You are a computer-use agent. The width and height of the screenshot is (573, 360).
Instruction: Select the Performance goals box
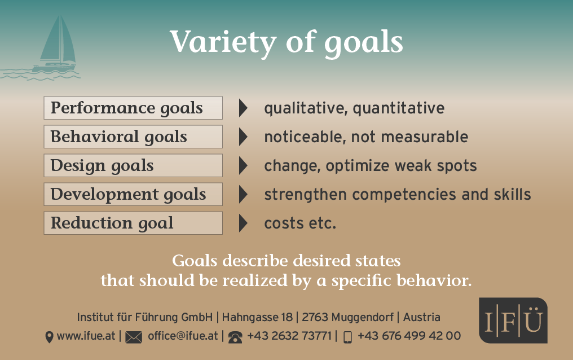pos(133,108)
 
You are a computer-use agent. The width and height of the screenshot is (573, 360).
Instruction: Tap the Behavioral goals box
pos(133,137)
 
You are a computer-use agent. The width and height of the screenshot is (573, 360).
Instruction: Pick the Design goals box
pos(133,165)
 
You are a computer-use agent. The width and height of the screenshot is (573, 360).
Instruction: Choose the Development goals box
pos(133,194)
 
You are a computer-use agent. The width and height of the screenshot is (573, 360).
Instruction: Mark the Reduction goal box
pos(133,223)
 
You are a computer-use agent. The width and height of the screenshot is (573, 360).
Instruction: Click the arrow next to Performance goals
pos(243,108)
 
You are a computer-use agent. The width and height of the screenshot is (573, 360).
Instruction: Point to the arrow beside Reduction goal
pos(243,223)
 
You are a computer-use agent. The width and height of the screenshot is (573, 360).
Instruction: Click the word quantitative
pos(399,108)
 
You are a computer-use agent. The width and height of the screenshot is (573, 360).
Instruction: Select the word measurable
pos(424,137)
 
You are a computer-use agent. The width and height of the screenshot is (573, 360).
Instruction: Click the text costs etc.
pos(300,223)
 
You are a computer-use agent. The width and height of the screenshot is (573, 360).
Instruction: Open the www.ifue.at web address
pos(86,336)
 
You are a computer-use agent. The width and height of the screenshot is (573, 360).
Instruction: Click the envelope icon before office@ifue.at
pos(134,337)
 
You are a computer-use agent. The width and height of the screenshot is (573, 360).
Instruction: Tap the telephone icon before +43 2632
pos(235,337)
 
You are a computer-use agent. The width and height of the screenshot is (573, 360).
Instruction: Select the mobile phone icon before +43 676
pos(347,337)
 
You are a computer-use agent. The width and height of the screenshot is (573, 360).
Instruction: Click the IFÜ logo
pos(513,320)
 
